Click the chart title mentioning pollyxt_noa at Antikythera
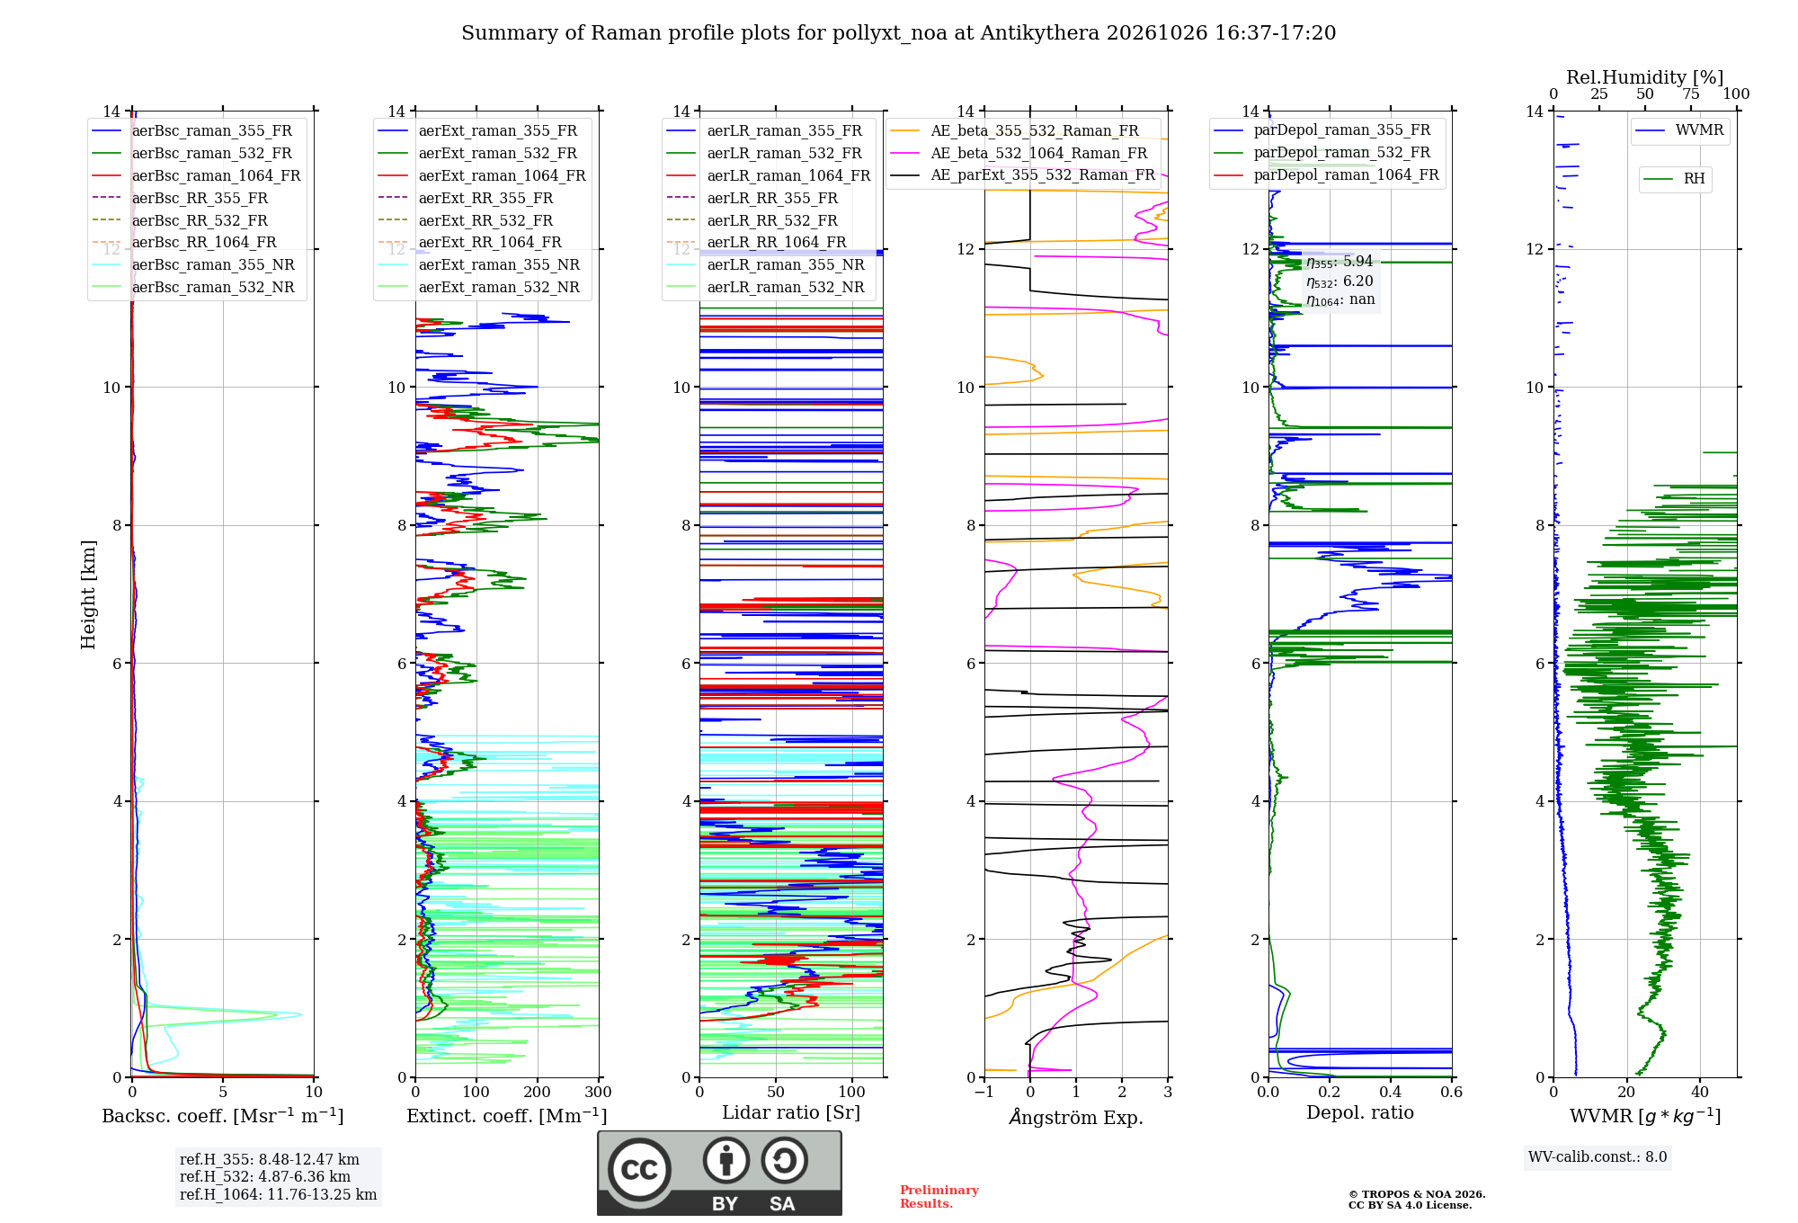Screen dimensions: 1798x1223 pos(898,33)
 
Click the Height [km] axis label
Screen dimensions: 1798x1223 pos(88,594)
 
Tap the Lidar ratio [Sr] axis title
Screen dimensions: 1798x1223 pos(791,1112)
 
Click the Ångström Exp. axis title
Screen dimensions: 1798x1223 pos(1076,1117)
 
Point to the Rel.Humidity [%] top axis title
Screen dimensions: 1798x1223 pos(1645,77)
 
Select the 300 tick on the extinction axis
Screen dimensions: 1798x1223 pos(599,1093)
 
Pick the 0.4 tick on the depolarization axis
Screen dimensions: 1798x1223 pos(1391,1093)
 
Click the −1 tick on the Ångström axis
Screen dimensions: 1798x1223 pos(984,1093)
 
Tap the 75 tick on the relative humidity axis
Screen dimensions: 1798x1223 pos(1691,94)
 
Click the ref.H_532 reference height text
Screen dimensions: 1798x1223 pos(265,1176)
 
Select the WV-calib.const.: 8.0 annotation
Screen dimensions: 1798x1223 pos(1598,1157)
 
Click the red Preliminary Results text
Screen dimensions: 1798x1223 pos(939,1197)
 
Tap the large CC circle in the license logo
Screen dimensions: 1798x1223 pos(639,1169)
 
